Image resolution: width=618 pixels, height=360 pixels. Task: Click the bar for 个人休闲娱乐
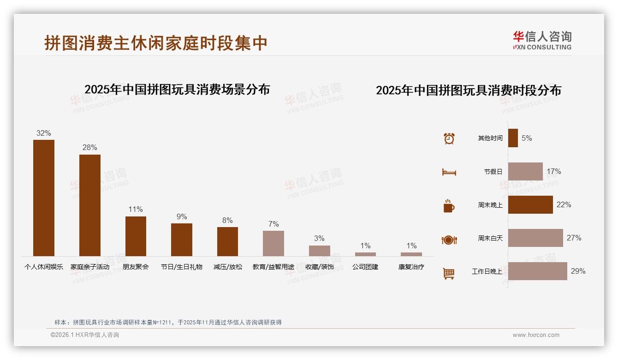tap(44, 198)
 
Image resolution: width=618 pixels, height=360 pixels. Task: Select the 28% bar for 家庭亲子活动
tap(89, 205)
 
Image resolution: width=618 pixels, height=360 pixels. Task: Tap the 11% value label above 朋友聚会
tap(136, 210)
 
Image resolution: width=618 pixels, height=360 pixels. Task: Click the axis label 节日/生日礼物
tap(181, 267)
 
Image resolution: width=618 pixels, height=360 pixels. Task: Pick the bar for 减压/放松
tap(227, 241)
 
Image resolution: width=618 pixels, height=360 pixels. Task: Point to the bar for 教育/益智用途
tap(273, 243)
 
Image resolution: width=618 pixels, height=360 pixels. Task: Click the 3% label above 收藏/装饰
tap(319, 239)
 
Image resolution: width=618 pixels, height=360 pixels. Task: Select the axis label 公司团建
tap(365, 267)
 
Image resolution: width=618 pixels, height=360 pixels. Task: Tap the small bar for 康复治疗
tap(411, 254)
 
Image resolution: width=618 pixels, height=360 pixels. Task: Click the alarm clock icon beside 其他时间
tap(449, 138)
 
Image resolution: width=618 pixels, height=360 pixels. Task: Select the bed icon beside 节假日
tap(449, 172)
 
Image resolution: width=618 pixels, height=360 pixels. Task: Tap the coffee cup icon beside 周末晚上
tap(449, 206)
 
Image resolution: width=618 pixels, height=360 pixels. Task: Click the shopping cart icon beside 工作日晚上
tap(449, 273)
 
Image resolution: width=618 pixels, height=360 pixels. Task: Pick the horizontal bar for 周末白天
tap(535, 238)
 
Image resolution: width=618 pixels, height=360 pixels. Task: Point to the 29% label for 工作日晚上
tap(578, 271)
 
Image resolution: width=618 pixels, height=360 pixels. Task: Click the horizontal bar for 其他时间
tap(513, 138)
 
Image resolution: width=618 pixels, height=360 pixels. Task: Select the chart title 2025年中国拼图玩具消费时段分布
tap(469, 90)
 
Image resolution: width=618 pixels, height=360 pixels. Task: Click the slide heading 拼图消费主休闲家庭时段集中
tap(156, 43)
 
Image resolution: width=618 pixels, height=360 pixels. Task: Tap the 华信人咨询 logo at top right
tap(542, 40)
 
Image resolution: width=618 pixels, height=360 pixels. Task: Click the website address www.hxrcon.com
tap(536, 335)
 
